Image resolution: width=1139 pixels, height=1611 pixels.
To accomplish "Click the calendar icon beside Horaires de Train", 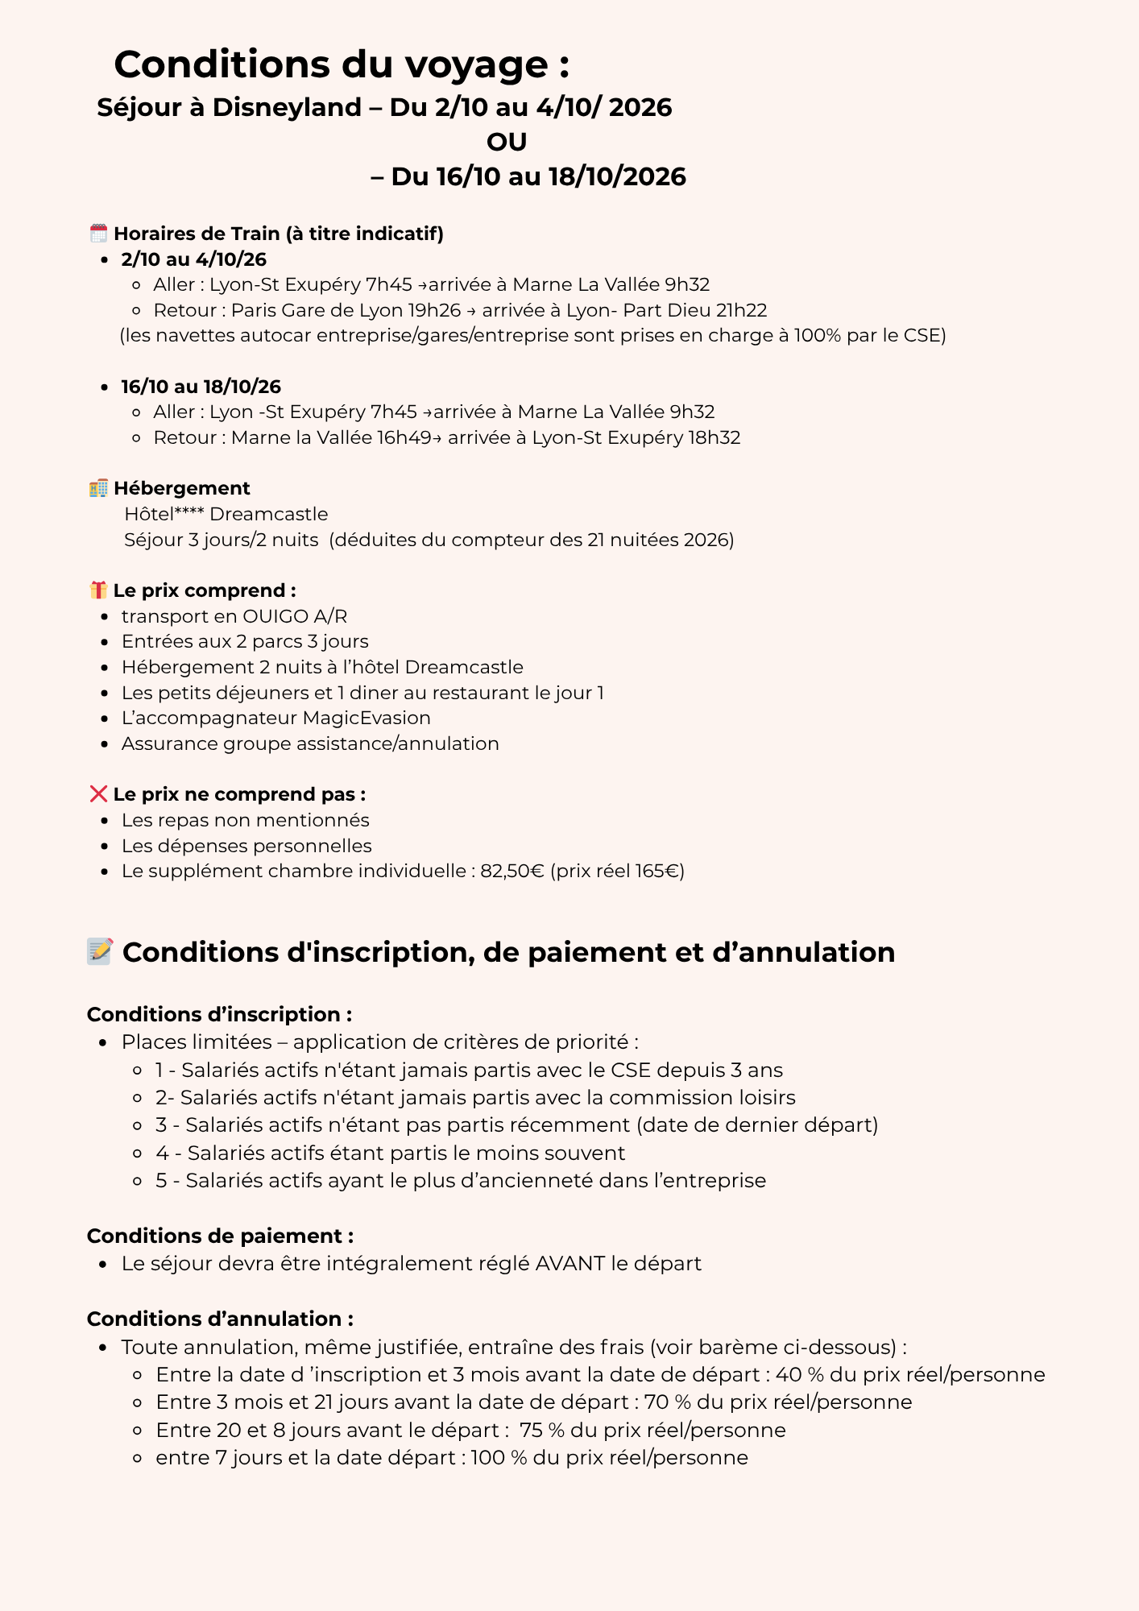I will [98, 234].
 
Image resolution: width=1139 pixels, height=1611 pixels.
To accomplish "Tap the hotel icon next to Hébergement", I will [98, 488].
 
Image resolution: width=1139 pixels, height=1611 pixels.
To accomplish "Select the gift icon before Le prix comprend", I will [98, 590].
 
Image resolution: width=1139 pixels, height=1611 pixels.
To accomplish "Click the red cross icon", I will [98, 794].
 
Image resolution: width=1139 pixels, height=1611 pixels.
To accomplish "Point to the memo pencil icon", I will [101, 951].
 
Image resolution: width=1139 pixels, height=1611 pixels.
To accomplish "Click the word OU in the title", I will [507, 142].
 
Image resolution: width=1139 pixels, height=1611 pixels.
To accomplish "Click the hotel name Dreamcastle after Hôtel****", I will [269, 514].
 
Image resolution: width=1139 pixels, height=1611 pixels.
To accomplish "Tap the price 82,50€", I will [512, 871].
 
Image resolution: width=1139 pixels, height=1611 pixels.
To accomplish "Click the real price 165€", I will [658, 871].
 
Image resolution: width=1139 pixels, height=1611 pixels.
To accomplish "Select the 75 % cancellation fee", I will [541, 1430].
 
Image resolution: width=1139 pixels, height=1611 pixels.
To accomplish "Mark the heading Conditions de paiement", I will [220, 1236].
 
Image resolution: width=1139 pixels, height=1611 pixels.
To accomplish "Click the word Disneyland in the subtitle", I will [287, 107].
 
